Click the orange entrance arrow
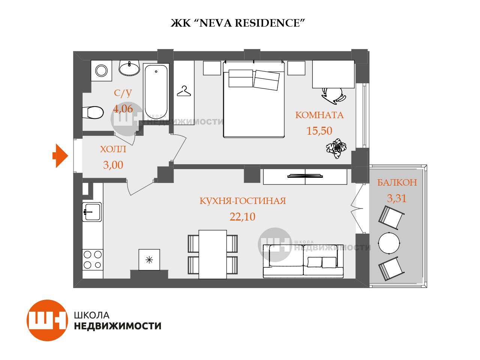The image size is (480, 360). click(60, 156)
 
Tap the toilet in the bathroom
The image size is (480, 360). click(93, 112)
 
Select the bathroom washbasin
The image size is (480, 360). click(129, 68)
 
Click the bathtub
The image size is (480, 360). click(156, 92)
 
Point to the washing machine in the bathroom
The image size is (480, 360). click(102, 71)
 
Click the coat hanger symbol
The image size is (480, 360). click(184, 91)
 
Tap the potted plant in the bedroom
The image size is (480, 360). click(336, 148)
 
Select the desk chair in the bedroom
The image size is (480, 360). click(333, 95)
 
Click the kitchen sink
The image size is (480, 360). click(92, 212)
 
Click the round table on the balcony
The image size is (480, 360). click(389, 243)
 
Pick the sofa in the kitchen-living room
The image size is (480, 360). click(303, 261)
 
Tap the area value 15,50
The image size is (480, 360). click(319, 131)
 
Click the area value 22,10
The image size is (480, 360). click(242, 217)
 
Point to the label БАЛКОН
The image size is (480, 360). click(397, 183)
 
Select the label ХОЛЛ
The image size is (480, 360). click(113, 149)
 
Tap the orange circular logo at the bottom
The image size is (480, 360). click(47, 320)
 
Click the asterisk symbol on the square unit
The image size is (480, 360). click(149, 259)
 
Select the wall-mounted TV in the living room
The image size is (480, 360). click(305, 176)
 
